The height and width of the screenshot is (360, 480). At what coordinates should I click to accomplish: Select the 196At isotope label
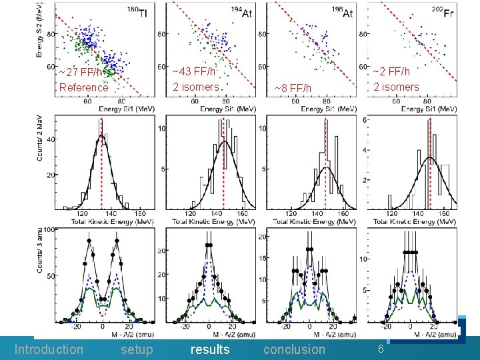pyautogui.click(x=342, y=13)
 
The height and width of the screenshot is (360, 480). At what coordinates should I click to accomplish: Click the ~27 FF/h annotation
pyautogui.click(x=80, y=72)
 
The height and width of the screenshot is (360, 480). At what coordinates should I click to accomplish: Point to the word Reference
pyautogui.click(x=83, y=87)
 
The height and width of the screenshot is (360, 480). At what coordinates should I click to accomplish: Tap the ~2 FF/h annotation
pyautogui.click(x=391, y=71)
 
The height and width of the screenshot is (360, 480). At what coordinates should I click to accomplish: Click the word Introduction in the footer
pyautogui.click(x=49, y=349)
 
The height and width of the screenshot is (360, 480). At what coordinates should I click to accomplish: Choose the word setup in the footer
pyautogui.click(x=137, y=349)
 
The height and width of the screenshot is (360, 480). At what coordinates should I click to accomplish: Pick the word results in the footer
pyautogui.click(x=210, y=349)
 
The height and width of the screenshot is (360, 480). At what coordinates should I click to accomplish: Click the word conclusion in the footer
pyautogui.click(x=294, y=349)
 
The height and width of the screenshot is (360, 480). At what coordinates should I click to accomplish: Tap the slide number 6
pyautogui.click(x=381, y=349)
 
